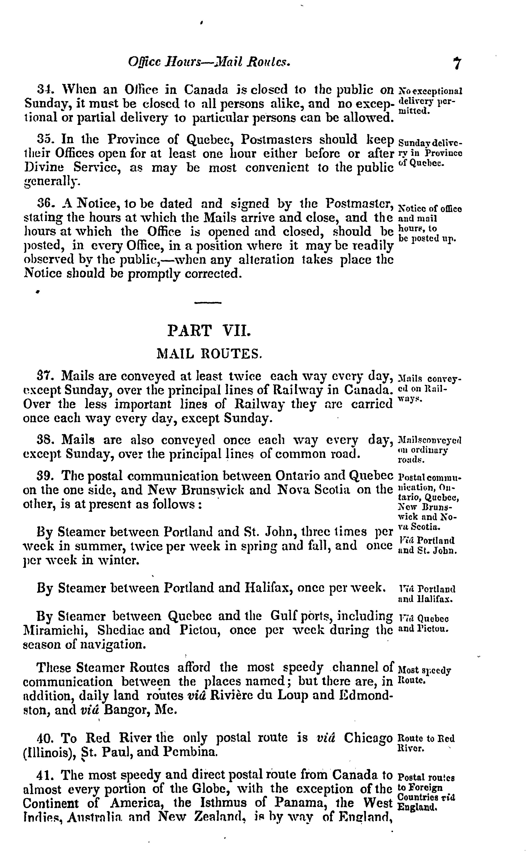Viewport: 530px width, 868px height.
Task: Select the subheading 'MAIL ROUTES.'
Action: tap(209, 353)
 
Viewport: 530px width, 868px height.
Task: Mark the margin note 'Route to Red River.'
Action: tap(426, 743)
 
